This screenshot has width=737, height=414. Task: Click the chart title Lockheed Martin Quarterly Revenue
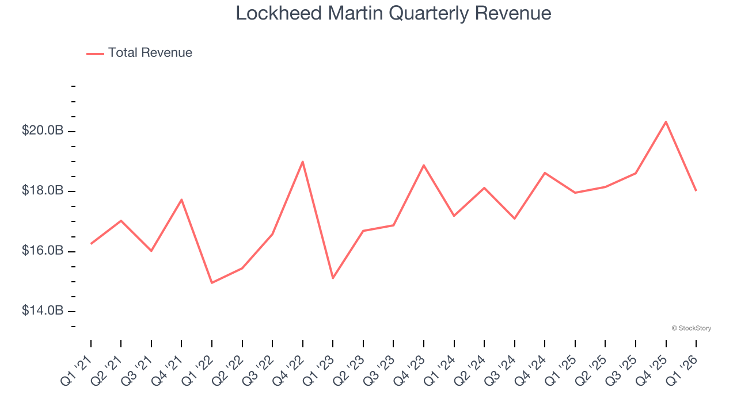click(393, 13)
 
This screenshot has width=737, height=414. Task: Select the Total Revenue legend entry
click(140, 53)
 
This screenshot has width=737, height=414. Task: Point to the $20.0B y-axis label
click(43, 131)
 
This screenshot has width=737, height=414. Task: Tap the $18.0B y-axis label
click(43, 191)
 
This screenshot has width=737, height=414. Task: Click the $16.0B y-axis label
click(43, 251)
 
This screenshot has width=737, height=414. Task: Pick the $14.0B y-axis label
click(43, 311)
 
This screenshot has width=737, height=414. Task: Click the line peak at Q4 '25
click(666, 122)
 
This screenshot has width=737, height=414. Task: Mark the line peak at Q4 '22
click(302, 162)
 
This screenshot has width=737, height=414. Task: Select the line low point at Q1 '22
click(212, 282)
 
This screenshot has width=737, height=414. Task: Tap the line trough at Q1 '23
click(333, 278)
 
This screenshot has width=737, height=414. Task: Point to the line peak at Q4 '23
click(424, 166)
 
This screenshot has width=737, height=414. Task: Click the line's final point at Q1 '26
click(696, 190)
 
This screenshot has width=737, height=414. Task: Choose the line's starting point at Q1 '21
click(91, 244)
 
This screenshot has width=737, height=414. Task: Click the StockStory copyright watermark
click(691, 328)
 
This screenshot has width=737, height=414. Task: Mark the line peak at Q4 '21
click(181, 200)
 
